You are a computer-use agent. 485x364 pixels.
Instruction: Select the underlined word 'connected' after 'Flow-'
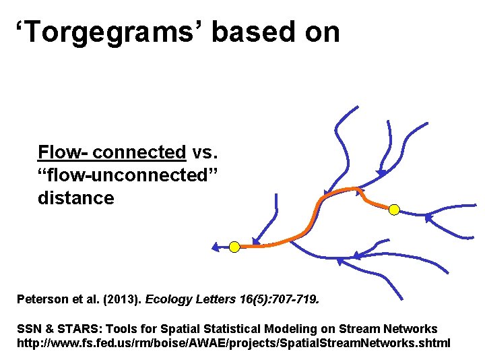(139, 152)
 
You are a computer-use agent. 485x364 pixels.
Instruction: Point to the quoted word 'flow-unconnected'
(129, 175)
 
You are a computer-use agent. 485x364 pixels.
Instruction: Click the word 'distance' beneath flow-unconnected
(76, 198)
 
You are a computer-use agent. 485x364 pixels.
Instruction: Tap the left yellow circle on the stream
(234, 247)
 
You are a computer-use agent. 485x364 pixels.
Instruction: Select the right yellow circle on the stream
(395, 210)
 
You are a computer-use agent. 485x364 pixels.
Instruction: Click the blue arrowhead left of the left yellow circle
(216, 247)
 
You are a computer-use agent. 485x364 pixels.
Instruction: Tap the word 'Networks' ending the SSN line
(410, 329)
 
